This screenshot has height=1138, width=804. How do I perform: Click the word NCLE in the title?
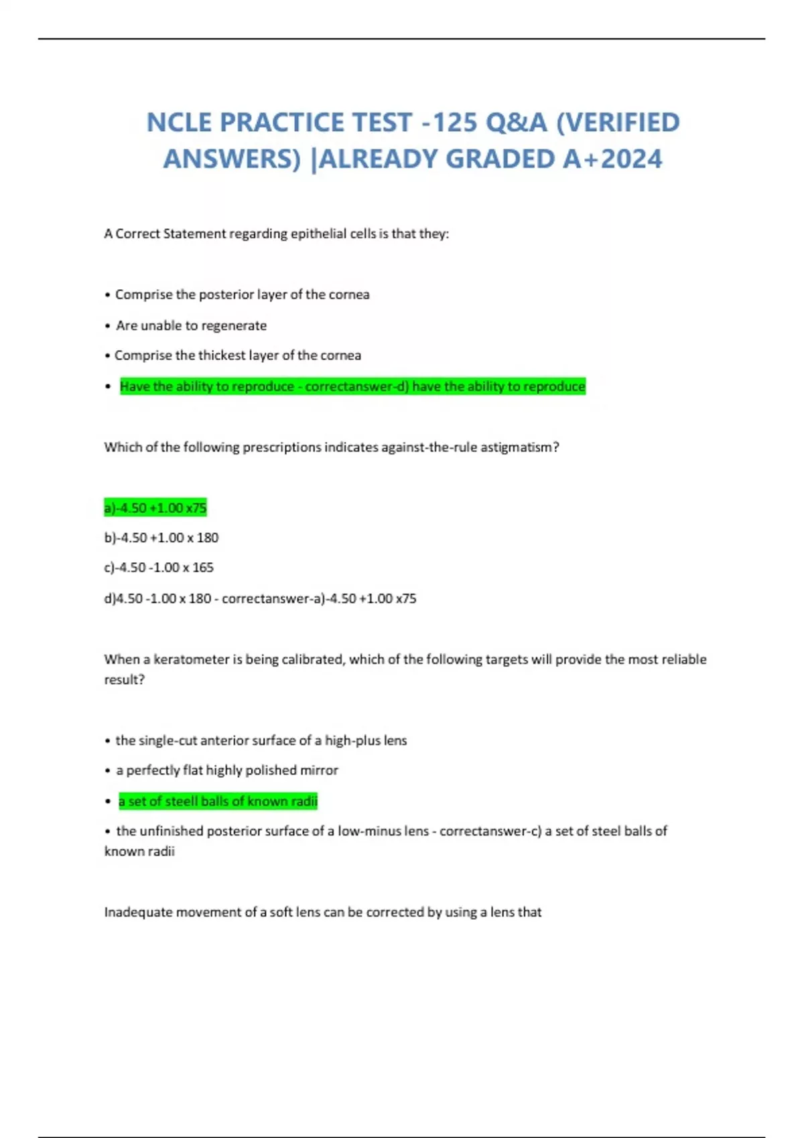(179, 123)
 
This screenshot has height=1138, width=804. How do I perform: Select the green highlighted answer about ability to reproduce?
(352, 386)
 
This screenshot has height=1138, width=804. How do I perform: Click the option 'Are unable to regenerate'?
(191, 325)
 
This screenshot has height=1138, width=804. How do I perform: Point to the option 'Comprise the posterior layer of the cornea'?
(242, 295)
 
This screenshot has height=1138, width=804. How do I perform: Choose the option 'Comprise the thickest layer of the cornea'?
(237, 355)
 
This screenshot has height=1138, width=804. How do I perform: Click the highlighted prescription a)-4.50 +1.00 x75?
(155, 508)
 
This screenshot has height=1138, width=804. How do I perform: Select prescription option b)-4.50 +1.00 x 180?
(161, 538)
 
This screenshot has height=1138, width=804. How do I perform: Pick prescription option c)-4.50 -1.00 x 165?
(159, 568)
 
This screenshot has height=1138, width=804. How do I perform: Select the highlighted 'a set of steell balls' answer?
(218, 801)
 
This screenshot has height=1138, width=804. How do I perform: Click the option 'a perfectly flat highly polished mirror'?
(227, 770)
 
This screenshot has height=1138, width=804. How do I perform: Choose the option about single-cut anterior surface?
(261, 740)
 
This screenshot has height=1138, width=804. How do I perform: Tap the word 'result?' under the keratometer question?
(125, 679)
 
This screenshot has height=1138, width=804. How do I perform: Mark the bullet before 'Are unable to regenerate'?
(107, 326)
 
